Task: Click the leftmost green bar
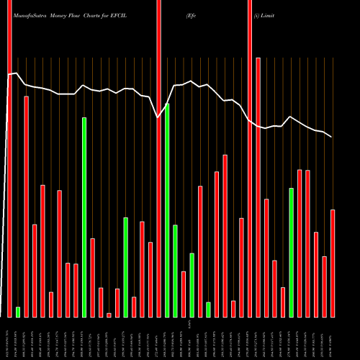[18, 312]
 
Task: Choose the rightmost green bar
[292, 252]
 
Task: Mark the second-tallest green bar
[84, 217]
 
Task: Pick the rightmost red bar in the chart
[333, 263]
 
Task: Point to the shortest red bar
[109, 315]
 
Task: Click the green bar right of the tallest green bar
[175, 271]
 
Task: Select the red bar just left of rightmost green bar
[283, 302]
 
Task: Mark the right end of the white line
[331, 137]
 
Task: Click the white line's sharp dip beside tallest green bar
[159, 117]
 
